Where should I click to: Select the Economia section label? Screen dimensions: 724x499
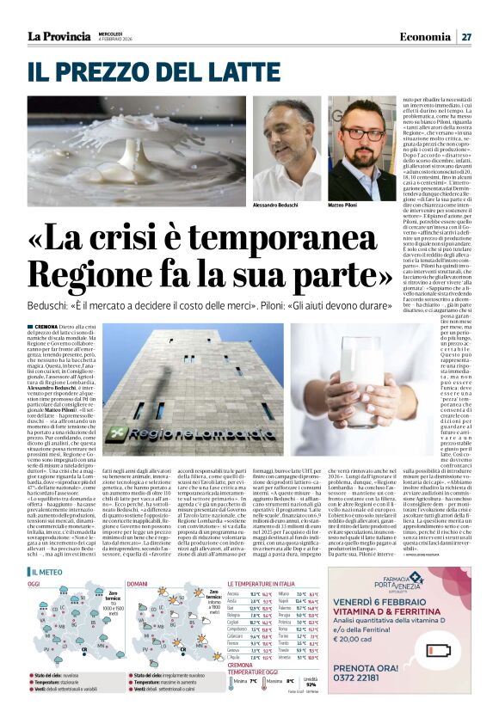click(427, 37)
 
